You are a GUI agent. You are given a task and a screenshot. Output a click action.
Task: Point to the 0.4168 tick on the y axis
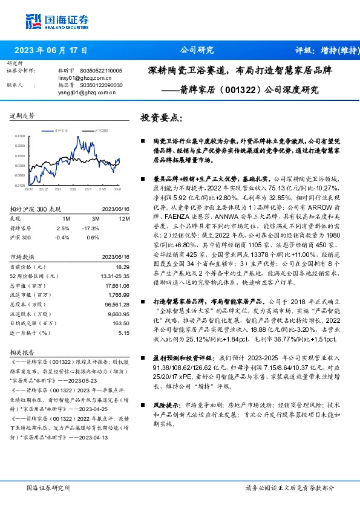(x=20, y=137)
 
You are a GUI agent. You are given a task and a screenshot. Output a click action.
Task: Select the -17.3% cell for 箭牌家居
(x=93, y=227)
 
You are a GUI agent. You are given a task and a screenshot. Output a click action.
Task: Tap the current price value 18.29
(x=123, y=266)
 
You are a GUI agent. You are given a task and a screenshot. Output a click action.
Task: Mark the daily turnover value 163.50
(x=122, y=323)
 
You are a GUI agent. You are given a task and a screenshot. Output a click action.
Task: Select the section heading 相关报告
(x=22, y=351)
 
